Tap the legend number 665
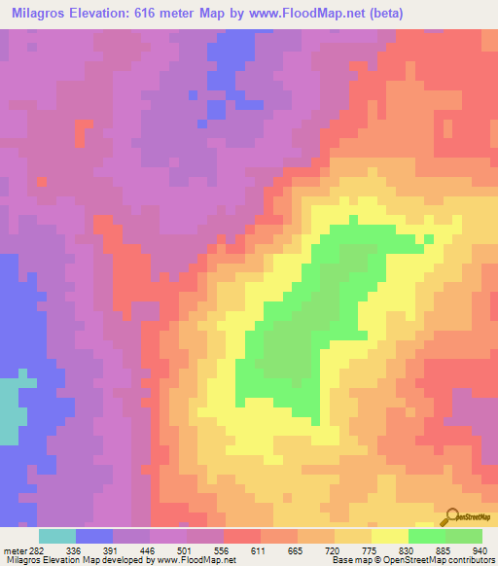(x=359, y=549)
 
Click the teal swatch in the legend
(x=57, y=536)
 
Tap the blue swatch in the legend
(x=94, y=536)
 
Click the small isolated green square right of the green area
(x=428, y=238)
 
